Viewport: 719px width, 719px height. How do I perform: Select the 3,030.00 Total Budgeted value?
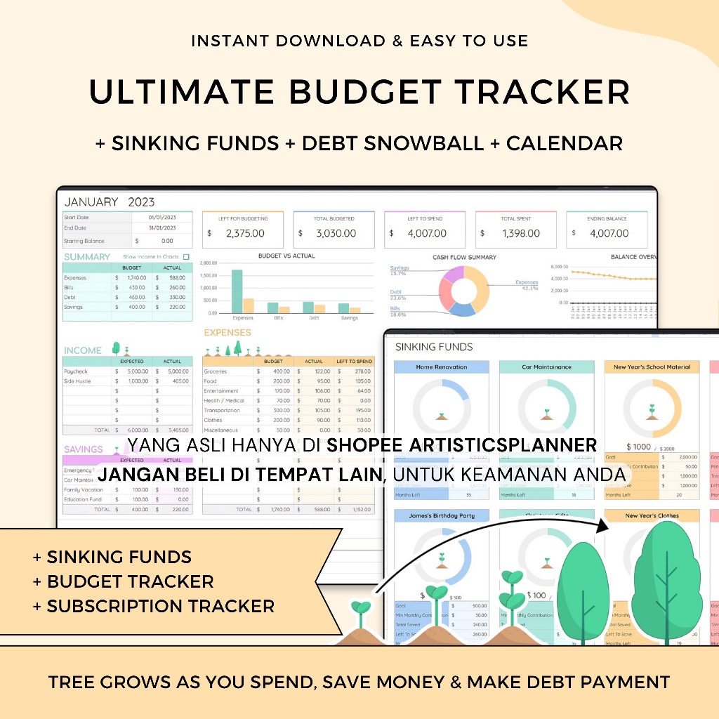point(336,233)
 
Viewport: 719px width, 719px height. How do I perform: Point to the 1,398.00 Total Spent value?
point(520,233)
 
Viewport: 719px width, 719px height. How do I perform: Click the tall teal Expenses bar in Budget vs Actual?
point(237,291)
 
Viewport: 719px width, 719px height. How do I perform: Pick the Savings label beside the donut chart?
point(400,268)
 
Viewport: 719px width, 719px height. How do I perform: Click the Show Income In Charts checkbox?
point(186,257)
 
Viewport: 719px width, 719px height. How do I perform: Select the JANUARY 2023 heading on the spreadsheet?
point(110,202)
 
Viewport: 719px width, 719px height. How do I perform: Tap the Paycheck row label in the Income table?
point(76,371)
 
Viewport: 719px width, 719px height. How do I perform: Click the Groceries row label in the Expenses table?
point(216,371)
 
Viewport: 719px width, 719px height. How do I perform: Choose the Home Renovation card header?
point(441,367)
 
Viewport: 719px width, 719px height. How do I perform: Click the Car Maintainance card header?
point(547,367)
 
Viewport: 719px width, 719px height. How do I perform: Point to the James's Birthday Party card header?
point(441,515)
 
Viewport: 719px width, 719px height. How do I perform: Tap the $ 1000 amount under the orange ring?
point(638,447)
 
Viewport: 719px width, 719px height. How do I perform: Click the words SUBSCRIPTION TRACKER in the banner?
point(160,605)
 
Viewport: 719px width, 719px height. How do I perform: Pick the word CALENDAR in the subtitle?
point(565,143)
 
